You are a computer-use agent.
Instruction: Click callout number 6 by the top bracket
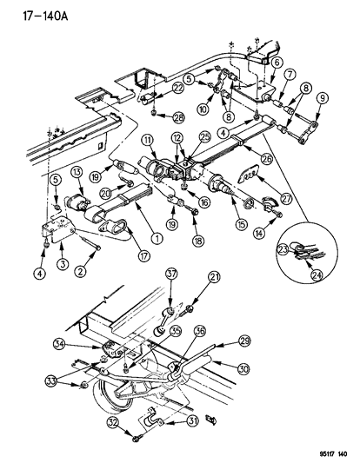[x=277, y=62]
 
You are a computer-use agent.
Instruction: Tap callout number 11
[x=149, y=141]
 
